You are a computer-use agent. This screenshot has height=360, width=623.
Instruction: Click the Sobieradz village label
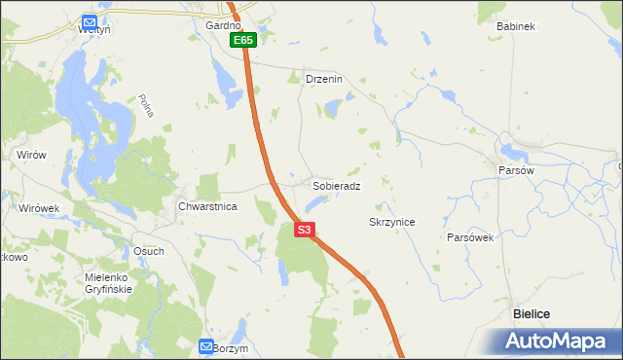click(x=337, y=185)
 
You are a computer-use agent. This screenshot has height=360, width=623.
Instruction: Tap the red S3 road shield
click(x=305, y=230)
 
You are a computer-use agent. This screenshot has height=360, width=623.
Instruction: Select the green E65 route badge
click(x=243, y=41)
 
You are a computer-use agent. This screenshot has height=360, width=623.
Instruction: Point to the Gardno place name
click(x=222, y=26)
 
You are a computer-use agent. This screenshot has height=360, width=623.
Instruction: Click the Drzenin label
click(x=324, y=79)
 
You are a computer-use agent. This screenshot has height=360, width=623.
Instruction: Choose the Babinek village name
click(x=516, y=26)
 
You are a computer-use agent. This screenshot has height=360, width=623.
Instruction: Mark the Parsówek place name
click(x=472, y=237)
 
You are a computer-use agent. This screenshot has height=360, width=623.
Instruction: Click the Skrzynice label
click(x=392, y=222)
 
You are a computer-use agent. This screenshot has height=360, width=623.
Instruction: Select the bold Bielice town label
click(x=531, y=313)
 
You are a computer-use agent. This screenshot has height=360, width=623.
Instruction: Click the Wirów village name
click(x=32, y=154)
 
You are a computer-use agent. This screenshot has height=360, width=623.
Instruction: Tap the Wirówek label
click(x=39, y=207)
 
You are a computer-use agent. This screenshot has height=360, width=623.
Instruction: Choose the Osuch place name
click(x=149, y=250)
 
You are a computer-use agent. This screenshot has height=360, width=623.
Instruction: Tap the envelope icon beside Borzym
click(x=206, y=345)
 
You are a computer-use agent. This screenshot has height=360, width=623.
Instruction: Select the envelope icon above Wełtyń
click(x=90, y=20)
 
